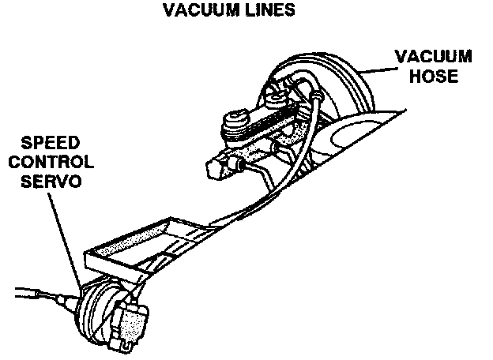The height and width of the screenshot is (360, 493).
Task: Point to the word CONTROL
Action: pos(56,163)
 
